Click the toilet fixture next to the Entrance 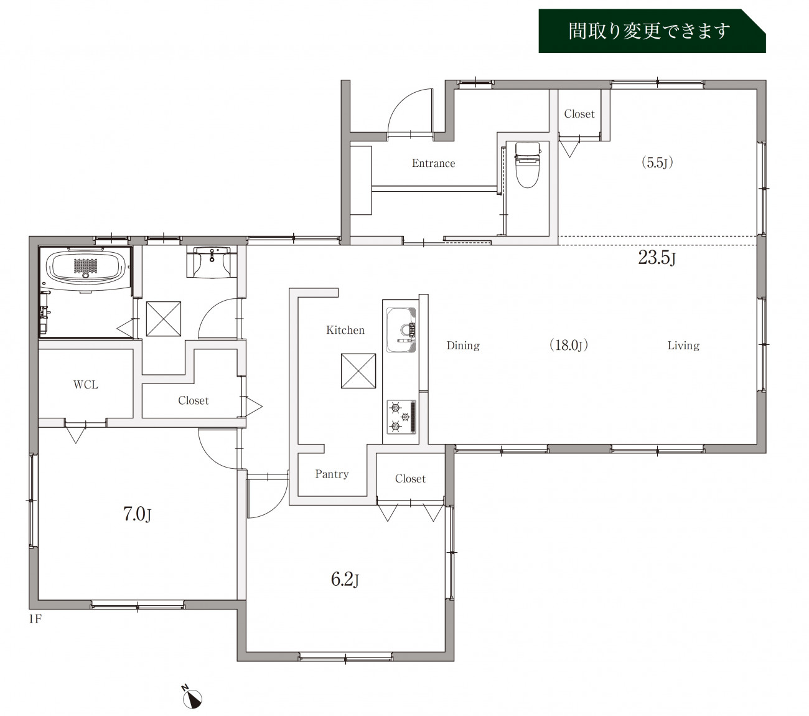[527, 165]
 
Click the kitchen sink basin [401, 329]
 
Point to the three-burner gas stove [401, 417]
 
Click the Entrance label [433, 163]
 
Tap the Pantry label [332, 474]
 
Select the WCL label [85, 384]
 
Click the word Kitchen [345, 329]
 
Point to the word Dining [463, 345]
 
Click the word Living [683, 345]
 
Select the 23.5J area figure [657, 258]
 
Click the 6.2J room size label [345, 580]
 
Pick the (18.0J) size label [569, 345]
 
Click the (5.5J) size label [657, 163]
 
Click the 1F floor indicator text [35, 619]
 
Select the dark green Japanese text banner [652, 31]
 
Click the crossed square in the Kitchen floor [358, 371]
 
